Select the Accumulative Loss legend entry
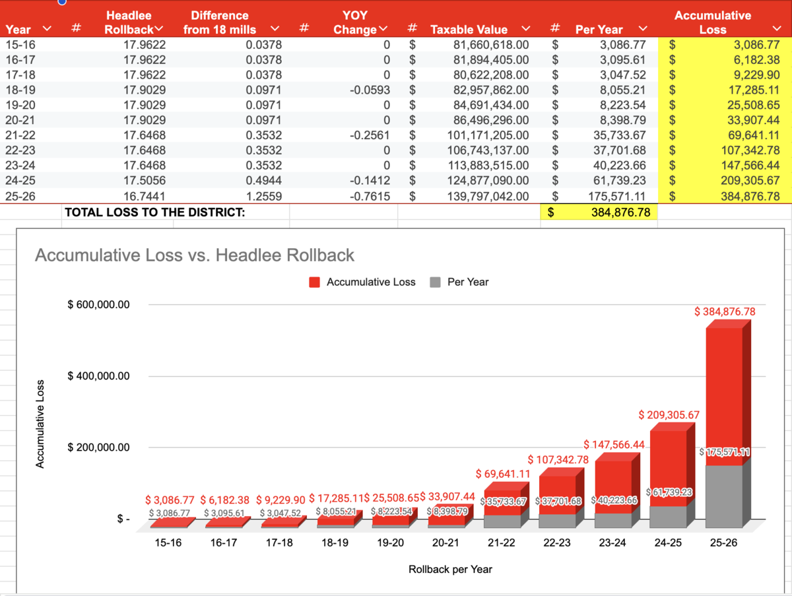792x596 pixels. pos(362,282)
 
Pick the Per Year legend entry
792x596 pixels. pos(460,282)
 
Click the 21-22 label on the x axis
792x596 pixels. pos(501,543)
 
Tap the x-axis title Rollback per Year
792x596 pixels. pos(450,569)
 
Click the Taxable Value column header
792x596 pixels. pos(469,30)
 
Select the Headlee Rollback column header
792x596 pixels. pos(128,22)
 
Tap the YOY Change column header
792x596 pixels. pos(355,22)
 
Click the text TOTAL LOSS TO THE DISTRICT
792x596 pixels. pos(154,213)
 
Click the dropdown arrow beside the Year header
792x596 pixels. pos(46,28)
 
